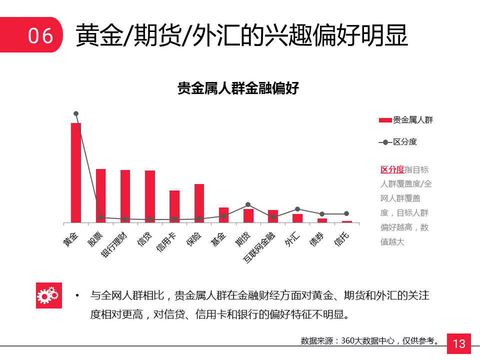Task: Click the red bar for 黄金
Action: [76, 172]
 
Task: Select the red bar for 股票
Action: [100, 195]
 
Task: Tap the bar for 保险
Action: [199, 203]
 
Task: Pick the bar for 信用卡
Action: [174, 206]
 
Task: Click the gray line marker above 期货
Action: [248, 204]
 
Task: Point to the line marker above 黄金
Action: [76, 113]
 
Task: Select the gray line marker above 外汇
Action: [297, 209]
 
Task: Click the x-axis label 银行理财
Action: [114, 244]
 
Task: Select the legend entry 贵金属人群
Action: [405, 120]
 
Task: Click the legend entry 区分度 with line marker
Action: [398, 142]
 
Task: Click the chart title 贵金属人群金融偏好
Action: [238, 88]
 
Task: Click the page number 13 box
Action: [458, 343]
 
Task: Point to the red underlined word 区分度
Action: [392, 169]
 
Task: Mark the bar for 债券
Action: [322, 220]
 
